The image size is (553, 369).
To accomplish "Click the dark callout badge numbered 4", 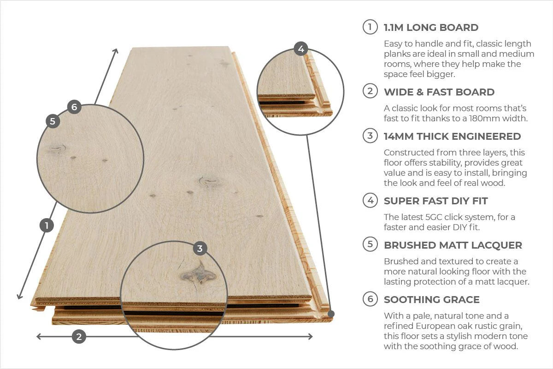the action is pyautogui.click(x=300, y=49).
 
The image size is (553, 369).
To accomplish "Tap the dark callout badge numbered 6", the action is pyautogui.click(x=74, y=107).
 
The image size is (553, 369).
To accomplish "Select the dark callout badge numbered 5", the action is pyautogui.click(x=53, y=121).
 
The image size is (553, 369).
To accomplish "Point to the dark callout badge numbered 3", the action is pyautogui.click(x=200, y=249).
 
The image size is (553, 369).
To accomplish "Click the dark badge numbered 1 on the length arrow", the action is pyautogui.click(x=47, y=225).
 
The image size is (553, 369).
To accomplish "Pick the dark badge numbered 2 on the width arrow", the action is pyautogui.click(x=79, y=337).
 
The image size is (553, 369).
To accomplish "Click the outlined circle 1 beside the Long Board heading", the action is pyautogui.click(x=370, y=27).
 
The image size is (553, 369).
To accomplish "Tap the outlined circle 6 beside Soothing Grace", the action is pyautogui.click(x=370, y=299).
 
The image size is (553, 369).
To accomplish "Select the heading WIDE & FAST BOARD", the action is pyautogui.click(x=439, y=92).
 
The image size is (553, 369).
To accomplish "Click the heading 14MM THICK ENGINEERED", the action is pyautogui.click(x=452, y=136).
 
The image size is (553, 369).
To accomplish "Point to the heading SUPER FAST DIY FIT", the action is pyautogui.click(x=436, y=201).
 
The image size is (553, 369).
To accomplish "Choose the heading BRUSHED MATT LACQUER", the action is pyautogui.click(x=453, y=245).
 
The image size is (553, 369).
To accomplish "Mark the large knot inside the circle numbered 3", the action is pyautogui.click(x=199, y=274).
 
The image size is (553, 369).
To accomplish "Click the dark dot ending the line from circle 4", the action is pyautogui.click(x=331, y=314).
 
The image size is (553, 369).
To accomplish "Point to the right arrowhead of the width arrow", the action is pyautogui.click(x=311, y=336).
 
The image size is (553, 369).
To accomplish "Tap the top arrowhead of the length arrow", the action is pyautogui.click(x=116, y=50).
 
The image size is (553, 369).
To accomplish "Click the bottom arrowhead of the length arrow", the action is pyautogui.click(x=19, y=297).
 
